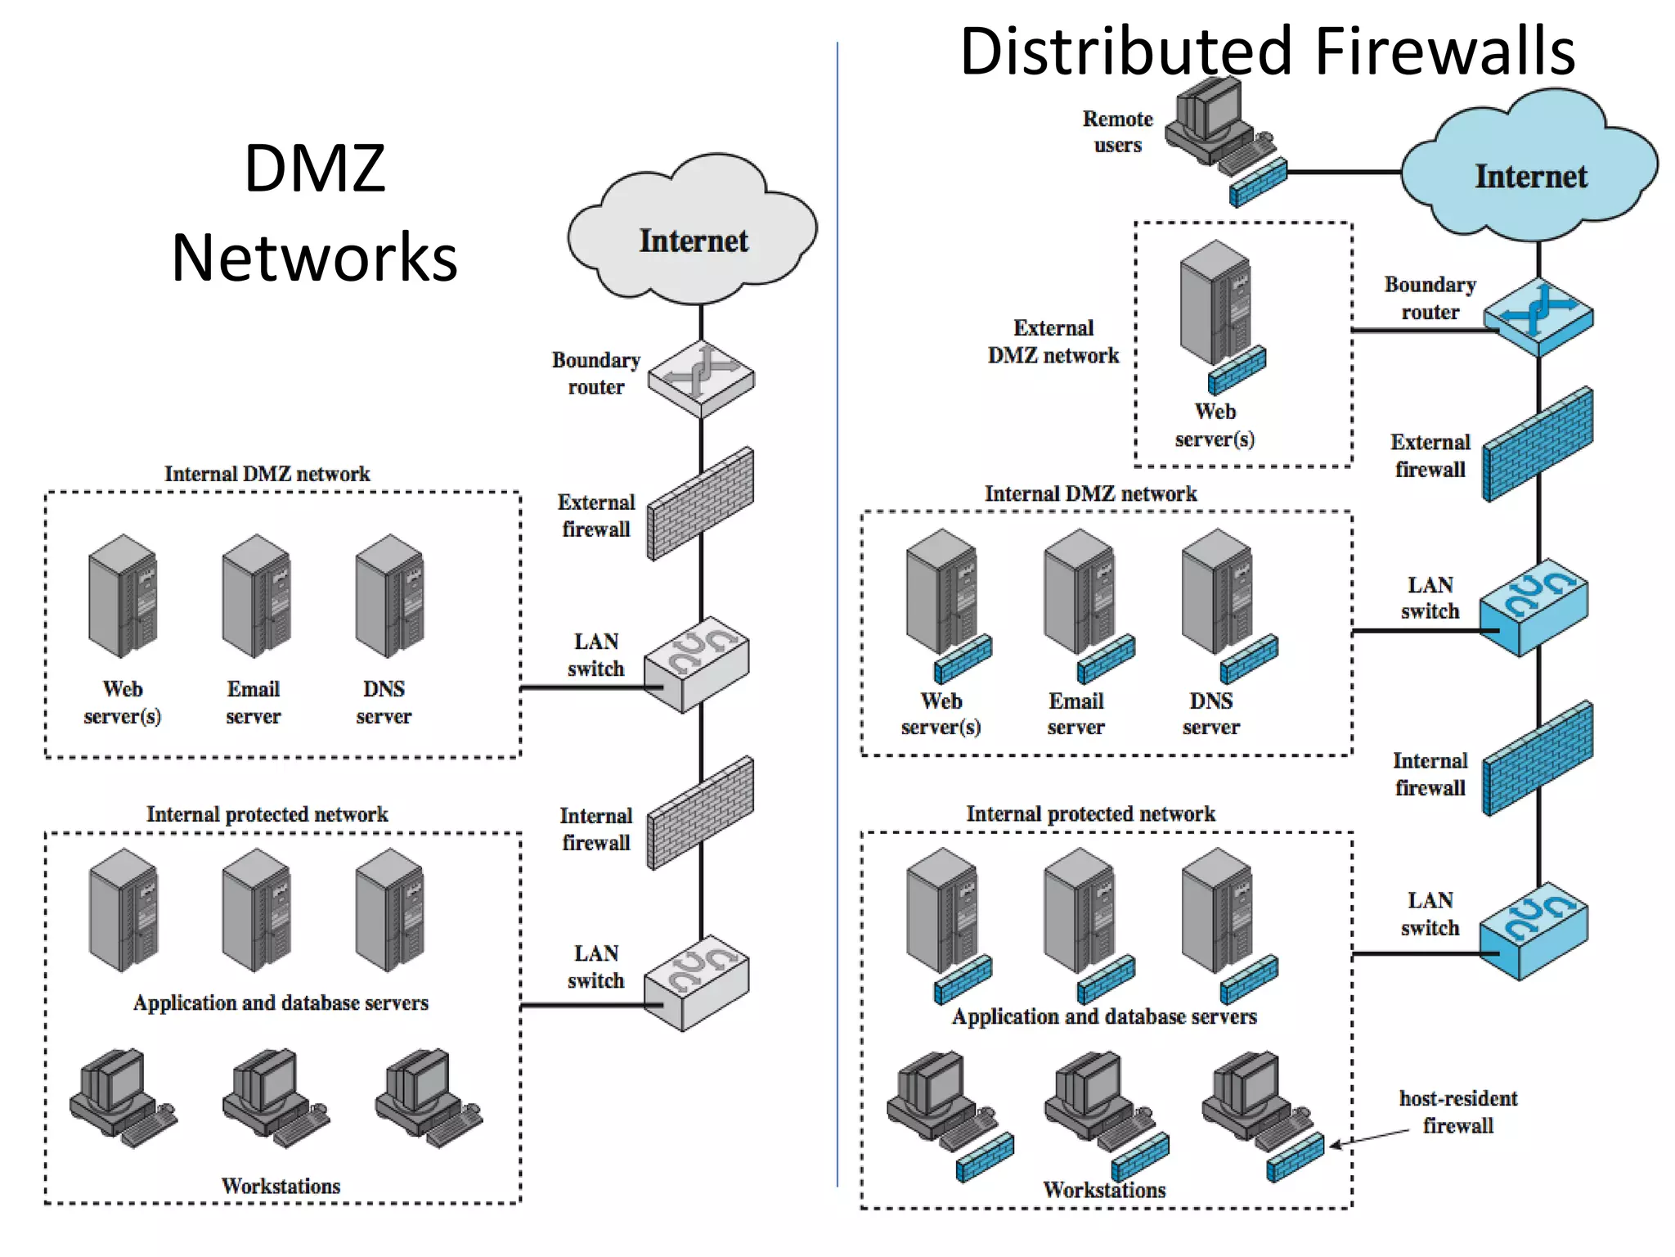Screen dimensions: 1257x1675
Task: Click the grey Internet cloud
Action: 692,233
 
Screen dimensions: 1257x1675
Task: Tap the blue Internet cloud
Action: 1529,172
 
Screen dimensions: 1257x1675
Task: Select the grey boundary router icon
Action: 701,379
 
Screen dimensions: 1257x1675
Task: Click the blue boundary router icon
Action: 1538,318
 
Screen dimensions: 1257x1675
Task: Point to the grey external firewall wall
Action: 701,503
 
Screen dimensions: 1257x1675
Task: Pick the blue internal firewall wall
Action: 1538,759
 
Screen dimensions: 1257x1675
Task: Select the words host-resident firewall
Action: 1457,1111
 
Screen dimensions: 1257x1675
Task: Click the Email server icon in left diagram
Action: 256,596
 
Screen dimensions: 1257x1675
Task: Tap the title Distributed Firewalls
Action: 1267,51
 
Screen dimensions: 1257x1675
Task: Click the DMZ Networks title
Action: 315,213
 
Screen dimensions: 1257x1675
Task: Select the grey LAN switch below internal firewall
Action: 697,982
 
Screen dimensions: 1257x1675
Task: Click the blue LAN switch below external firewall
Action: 1534,607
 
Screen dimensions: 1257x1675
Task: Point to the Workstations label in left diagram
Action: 281,1186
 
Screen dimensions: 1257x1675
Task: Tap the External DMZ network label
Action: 1053,341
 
